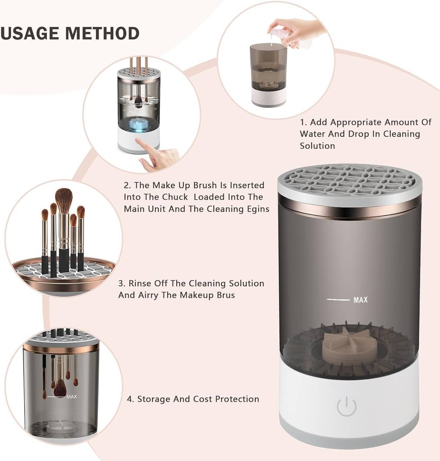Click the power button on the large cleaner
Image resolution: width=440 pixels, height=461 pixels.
[346, 406]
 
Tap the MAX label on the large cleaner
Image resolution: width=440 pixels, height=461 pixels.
[360, 300]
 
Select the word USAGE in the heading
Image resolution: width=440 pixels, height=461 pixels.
[30, 33]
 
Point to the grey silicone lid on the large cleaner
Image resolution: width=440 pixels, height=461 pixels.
[350, 181]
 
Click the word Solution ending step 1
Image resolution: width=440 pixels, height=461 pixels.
[317, 146]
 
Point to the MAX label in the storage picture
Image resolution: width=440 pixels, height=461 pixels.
[72, 397]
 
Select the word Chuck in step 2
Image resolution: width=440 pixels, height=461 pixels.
[175, 197]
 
